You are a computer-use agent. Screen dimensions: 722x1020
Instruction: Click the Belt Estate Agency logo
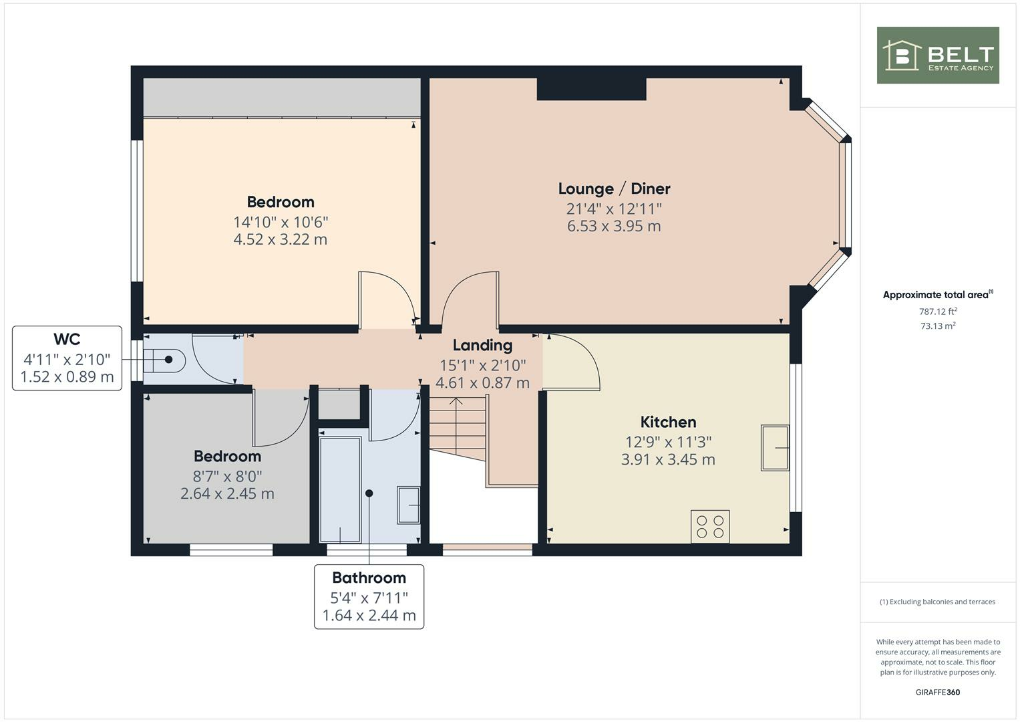point(937,55)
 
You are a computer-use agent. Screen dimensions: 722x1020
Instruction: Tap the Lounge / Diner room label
point(614,189)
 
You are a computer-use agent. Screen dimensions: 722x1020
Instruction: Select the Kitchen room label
point(668,422)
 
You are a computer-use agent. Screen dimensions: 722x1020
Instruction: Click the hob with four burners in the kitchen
point(710,526)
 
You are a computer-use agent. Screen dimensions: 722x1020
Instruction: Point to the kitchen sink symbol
point(775,447)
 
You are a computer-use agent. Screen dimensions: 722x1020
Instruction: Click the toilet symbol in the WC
point(164,360)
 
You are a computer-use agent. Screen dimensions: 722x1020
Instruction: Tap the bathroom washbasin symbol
point(408,505)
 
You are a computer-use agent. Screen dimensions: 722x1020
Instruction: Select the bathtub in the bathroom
point(340,489)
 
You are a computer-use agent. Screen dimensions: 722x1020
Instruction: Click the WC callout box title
point(67,339)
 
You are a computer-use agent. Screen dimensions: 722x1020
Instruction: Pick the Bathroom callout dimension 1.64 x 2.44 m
point(369,615)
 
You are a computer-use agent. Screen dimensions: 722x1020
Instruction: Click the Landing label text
point(482,345)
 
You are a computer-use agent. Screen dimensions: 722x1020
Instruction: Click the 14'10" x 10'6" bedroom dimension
point(281,221)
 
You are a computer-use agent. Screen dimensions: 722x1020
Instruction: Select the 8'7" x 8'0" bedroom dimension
point(227,476)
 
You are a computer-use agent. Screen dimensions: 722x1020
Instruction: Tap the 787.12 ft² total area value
point(938,312)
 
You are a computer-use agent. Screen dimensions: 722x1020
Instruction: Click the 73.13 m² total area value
point(938,326)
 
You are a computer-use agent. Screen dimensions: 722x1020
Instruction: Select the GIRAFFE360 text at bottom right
point(937,692)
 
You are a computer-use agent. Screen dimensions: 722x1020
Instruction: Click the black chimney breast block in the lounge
point(591,89)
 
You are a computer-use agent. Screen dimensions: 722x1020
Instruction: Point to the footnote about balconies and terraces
point(937,602)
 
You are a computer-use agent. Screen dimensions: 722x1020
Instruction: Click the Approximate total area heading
point(937,295)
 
